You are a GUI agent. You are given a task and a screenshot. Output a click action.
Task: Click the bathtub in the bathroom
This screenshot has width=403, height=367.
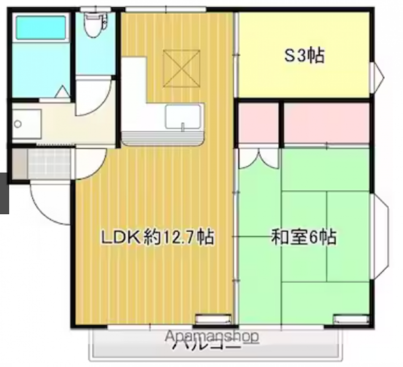pyautogui.click(x=41, y=27)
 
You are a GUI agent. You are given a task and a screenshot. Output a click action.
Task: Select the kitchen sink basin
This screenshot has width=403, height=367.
pyautogui.click(x=183, y=116)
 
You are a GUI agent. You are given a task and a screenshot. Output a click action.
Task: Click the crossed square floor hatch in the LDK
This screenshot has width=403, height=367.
pyautogui.click(x=182, y=69)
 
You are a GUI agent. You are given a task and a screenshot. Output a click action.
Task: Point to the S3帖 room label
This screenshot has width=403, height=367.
pyautogui.click(x=304, y=55)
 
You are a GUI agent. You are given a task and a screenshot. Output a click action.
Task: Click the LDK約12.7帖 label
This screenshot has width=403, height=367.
pyautogui.click(x=158, y=236)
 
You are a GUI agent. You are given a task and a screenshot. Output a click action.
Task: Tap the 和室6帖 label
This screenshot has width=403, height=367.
pyautogui.click(x=304, y=236)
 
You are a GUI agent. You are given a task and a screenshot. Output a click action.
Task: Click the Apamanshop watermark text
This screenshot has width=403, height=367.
pyautogui.click(x=212, y=336)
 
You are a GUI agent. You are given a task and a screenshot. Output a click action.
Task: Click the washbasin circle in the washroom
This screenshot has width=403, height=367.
pyautogui.click(x=18, y=124)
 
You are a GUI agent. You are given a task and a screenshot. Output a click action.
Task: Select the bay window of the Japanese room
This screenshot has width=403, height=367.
pyautogui.click(x=380, y=236)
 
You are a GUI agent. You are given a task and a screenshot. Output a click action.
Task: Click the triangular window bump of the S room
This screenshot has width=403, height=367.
pyautogui.click(x=377, y=77)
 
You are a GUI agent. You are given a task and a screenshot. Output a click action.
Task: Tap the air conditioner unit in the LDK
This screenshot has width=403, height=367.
pyautogui.click(x=213, y=319)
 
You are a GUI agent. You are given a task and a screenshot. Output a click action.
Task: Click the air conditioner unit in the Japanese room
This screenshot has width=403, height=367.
pyautogui.click(x=351, y=319)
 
